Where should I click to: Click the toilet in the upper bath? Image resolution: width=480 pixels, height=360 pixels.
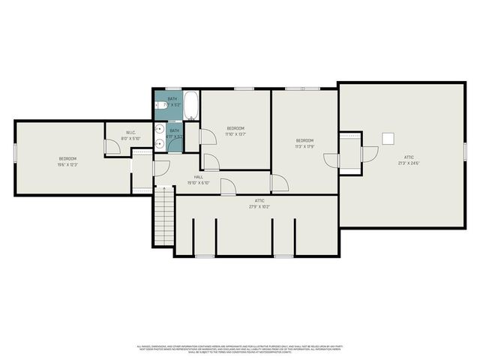pos(160,106)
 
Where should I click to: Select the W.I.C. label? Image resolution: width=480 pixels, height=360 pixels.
pos(130,133)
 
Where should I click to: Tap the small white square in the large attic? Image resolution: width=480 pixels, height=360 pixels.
pos(388,138)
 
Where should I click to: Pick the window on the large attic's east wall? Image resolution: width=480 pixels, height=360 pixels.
pos(464,150)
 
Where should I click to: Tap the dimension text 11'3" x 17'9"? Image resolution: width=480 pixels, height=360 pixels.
pos(304,146)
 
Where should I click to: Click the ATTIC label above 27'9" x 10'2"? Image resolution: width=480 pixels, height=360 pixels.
pos(259,201)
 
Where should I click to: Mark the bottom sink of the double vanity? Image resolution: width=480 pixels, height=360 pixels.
pos(160,143)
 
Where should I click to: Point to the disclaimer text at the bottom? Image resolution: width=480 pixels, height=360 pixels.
pos(240,348)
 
